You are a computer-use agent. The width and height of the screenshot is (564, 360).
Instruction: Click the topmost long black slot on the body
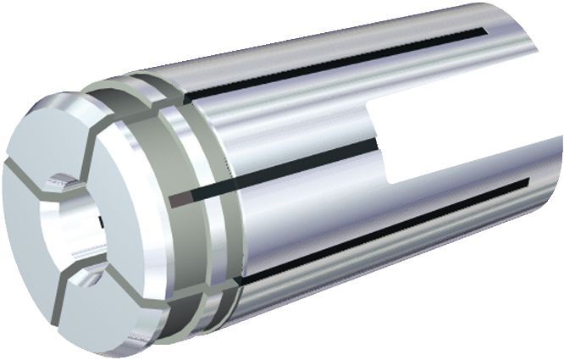point(339,61)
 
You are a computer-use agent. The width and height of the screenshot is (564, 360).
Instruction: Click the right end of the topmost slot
point(483,33)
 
